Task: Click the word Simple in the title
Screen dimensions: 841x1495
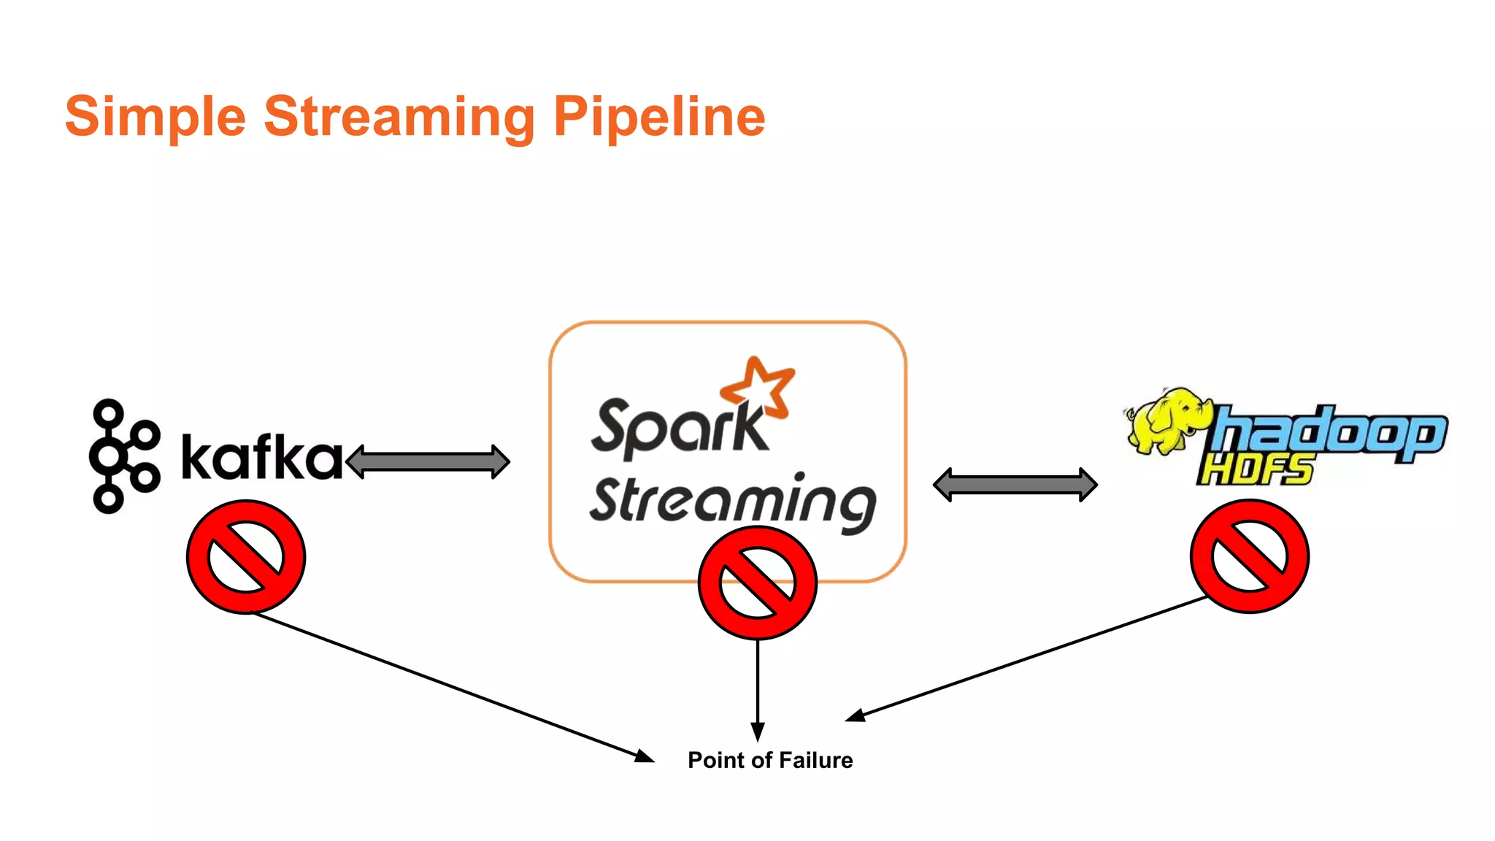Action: click(155, 117)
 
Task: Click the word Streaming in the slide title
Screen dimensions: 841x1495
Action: click(399, 117)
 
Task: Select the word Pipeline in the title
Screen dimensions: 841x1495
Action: click(659, 117)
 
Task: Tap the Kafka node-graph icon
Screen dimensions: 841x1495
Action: click(123, 456)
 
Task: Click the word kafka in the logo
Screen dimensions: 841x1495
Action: click(261, 458)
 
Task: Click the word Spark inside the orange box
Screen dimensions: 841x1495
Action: click(677, 429)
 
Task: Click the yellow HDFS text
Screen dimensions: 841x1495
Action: click(1256, 469)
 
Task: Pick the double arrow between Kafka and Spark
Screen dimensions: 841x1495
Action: click(428, 461)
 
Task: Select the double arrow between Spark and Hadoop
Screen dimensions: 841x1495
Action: click(1015, 485)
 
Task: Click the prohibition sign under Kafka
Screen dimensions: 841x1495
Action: click(246, 557)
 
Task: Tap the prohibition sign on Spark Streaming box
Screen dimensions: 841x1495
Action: click(757, 583)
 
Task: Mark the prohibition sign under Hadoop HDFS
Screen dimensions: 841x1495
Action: click(1249, 556)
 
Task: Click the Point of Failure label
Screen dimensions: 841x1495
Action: click(770, 760)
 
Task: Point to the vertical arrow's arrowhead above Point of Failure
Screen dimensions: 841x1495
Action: click(758, 731)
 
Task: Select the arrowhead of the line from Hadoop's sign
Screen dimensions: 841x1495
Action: click(856, 715)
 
